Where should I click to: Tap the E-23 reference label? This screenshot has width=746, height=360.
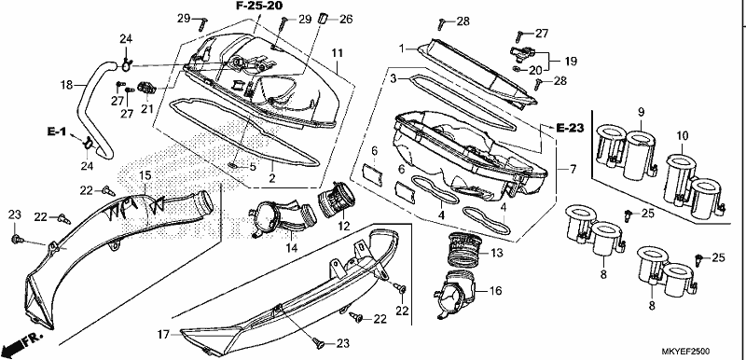(570, 128)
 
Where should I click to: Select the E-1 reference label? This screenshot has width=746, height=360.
(56, 132)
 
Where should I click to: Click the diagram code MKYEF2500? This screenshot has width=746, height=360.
(685, 352)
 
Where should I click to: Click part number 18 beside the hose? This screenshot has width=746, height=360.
(66, 86)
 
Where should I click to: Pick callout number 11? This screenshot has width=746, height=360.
(338, 53)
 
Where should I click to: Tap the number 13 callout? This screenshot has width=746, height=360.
(496, 254)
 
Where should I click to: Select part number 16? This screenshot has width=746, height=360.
(496, 291)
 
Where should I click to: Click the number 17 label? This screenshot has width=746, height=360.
(163, 335)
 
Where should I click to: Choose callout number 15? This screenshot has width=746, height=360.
(145, 176)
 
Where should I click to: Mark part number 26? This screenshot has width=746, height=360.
(346, 20)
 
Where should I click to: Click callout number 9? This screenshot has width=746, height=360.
(641, 113)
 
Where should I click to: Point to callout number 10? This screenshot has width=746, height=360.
(683, 136)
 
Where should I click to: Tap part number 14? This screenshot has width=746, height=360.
(292, 247)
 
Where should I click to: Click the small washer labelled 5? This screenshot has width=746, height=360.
(234, 165)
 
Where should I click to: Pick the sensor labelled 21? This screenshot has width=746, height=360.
(146, 87)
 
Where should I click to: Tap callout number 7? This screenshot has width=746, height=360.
(573, 169)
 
